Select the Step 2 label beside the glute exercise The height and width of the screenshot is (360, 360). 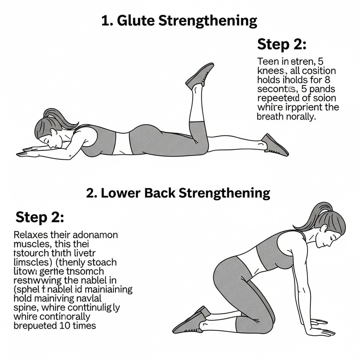coord(282,44)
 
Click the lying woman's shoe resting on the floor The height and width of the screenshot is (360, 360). coord(274,144)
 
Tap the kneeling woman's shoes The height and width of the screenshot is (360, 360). coord(191,320)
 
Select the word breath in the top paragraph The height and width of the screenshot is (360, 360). coord(271,117)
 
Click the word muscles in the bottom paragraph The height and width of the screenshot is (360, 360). coord(32,244)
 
